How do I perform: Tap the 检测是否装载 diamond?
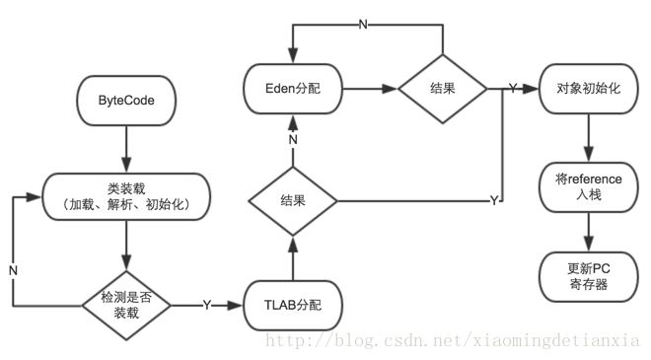(126, 306)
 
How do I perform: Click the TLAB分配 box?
(293, 306)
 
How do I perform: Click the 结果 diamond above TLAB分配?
(293, 201)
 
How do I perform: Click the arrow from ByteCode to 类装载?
(126, 151)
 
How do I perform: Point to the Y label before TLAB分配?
(206, 306)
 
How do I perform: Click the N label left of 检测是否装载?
(12, 268)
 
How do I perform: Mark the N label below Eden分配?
(293, 139)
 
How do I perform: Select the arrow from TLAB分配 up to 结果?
(293, 258)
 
